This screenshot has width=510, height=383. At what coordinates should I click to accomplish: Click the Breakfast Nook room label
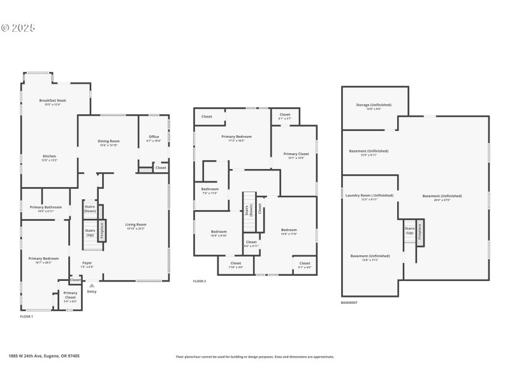tap(52, 101)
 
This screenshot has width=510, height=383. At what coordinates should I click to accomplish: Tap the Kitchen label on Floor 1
tap(50, 158)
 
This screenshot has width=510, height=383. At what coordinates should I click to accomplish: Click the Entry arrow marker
tap(92, 286)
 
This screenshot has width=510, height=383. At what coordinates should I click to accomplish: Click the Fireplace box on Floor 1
tap(102, 230)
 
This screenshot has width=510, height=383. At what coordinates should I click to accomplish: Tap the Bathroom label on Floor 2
tap(210, 190)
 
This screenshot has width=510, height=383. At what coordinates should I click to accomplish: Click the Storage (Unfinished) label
tap(374, 106)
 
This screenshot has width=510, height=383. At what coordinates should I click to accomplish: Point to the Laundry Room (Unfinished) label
tap(370, 197)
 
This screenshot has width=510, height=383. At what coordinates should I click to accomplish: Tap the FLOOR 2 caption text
tap(200, 281)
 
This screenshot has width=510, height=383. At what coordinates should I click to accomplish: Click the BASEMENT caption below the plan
tap(349, 303)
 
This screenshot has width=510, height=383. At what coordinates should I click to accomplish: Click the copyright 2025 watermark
tap(18, 27)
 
